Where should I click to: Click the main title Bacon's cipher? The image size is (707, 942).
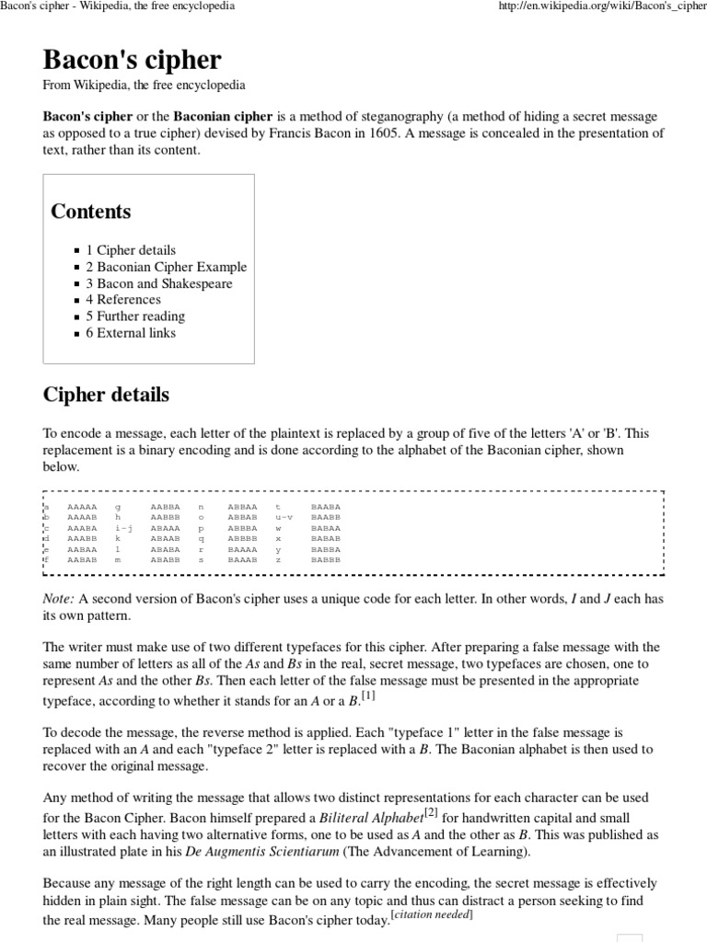[132, 60]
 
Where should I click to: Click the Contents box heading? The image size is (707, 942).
[90, 211]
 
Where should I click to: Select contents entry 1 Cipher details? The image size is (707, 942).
[131, 250]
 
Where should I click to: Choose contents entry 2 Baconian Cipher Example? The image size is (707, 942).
[166, 267]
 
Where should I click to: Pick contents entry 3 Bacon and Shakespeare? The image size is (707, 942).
[158, 283]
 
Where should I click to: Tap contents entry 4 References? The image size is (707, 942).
[123, 299]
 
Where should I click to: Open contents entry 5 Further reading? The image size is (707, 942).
[135, 316]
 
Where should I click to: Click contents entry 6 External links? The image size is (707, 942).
[131, 332]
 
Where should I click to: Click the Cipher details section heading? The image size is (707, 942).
[106, 395]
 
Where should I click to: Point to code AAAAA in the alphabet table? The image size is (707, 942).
[82, 506]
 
